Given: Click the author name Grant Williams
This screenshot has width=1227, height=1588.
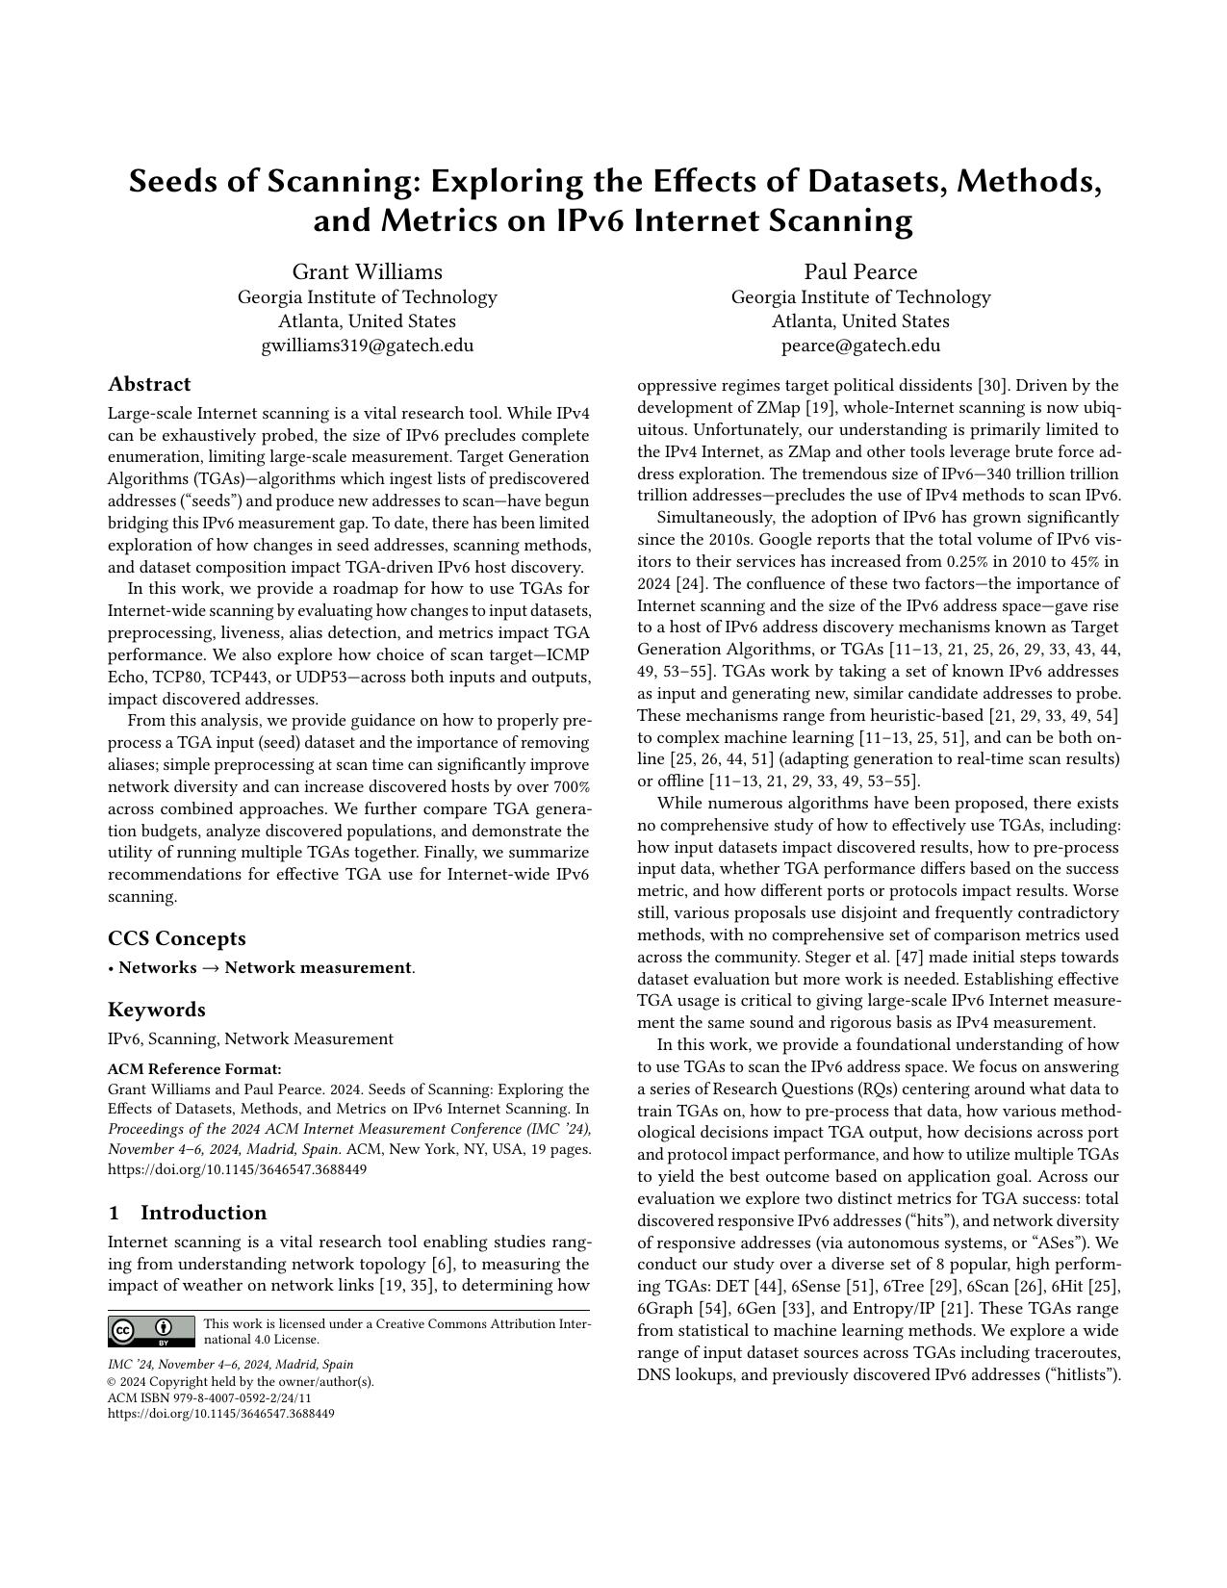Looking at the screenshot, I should coord(367,271).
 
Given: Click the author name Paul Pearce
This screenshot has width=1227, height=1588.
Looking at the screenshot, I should coord(860,271).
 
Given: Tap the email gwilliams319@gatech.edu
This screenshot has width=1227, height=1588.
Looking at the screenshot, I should coord(367,346).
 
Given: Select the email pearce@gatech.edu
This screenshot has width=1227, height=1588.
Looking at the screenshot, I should coord(860,346).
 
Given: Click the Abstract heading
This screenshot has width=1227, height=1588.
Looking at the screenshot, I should coord(149,385).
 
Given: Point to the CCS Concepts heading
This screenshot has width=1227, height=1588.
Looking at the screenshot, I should coord(176,938).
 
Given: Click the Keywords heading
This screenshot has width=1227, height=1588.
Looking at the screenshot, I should coord(156,1010).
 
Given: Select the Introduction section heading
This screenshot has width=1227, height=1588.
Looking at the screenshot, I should coord(203,1213).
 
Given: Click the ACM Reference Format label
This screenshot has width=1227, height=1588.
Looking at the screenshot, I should coord(194,1069).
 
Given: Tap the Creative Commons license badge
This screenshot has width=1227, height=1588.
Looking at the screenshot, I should coord(151,1331).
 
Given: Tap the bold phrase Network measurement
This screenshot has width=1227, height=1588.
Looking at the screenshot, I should coord(318,968).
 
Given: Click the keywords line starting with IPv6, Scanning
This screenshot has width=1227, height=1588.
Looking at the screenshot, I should coord(250,1039).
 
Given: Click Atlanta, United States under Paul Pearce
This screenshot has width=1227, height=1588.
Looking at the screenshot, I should coord(860,321).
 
